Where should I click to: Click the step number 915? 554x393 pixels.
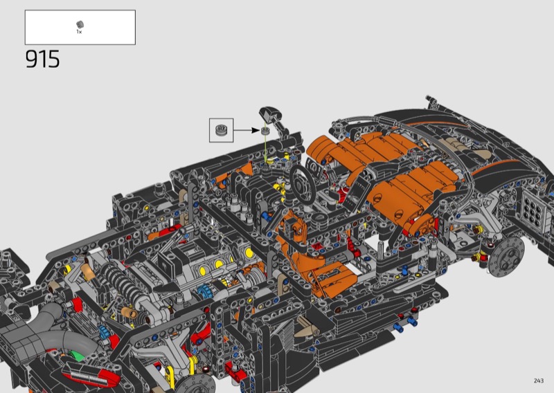[x=42, y=59]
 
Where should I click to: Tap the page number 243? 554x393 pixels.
[x=539, y=381]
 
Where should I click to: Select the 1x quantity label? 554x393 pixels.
[x=79, y=32]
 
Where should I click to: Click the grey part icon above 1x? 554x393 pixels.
[x=80, y=24]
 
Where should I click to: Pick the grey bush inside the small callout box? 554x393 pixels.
[x=221, y=130]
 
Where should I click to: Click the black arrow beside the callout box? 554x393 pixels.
[x=247, y=130]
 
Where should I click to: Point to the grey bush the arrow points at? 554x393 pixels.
[x=265, y=131]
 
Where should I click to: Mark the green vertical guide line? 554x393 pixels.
[x=265, y=148]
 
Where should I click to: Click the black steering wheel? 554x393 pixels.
[x=303, y=184]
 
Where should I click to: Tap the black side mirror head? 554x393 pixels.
[x=270, y=114]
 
